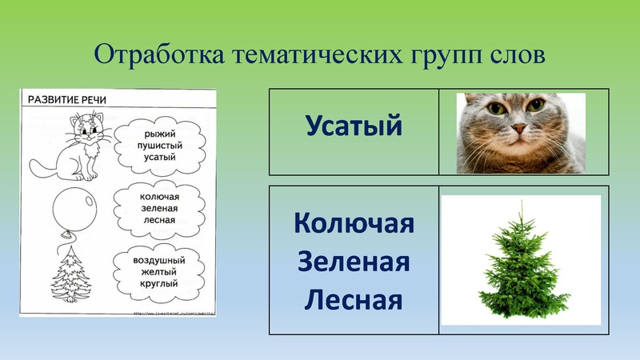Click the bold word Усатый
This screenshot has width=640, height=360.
point(354,126)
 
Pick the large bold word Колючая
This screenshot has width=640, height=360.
point(354,223)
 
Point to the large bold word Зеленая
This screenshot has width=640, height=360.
point(354,262)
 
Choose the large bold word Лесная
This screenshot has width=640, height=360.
point(354,301)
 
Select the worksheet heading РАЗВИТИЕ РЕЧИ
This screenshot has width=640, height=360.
point(68,99)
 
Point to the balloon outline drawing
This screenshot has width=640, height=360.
point(74,210)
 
